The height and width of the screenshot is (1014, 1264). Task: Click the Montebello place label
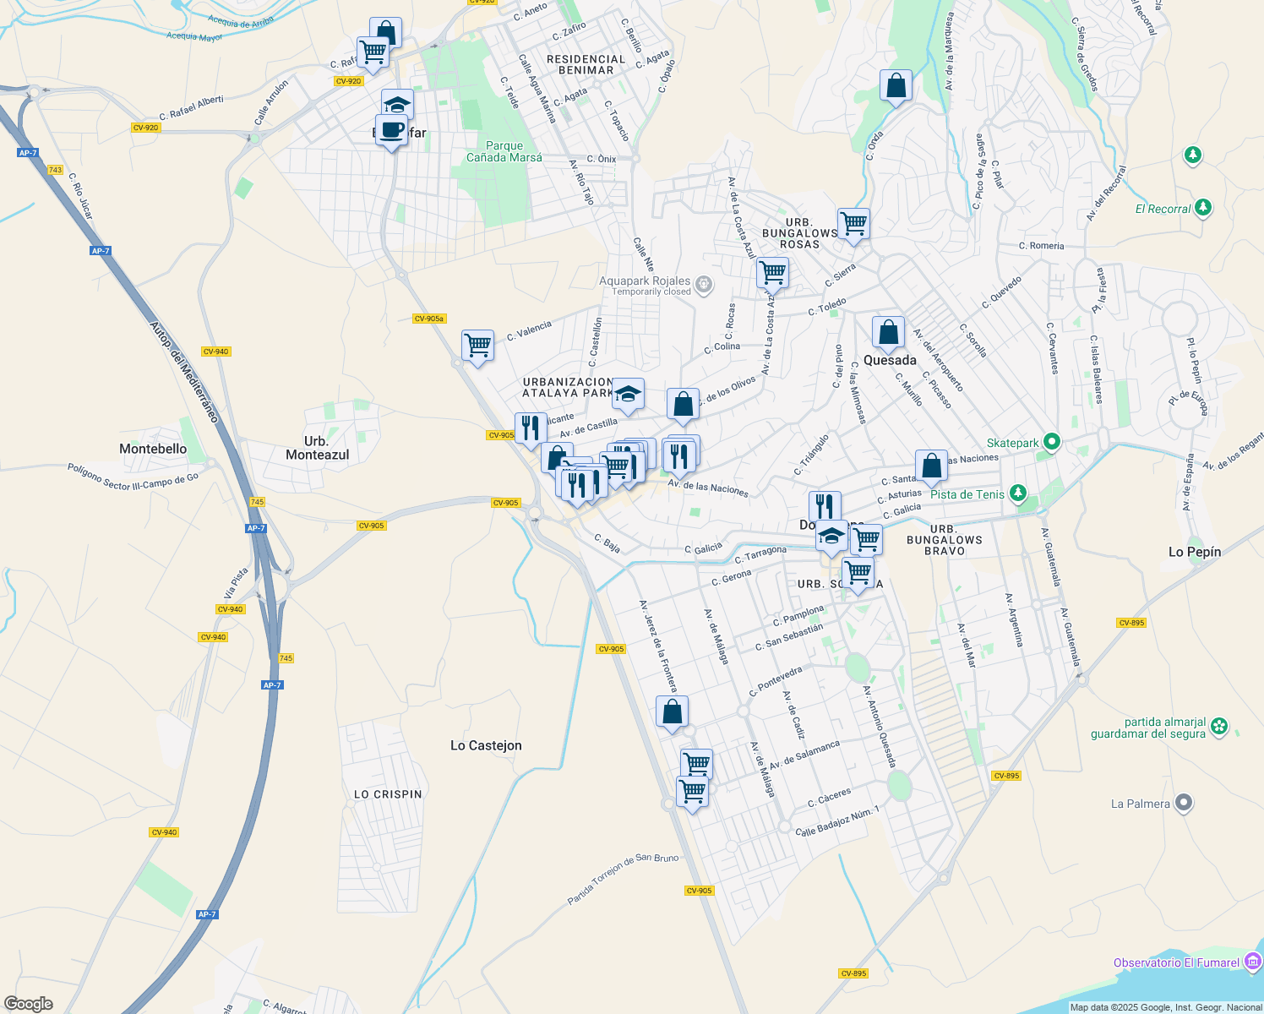153,449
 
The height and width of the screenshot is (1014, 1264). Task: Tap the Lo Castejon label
486,745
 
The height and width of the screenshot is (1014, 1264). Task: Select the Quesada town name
890,360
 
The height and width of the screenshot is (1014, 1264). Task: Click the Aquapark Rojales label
645,281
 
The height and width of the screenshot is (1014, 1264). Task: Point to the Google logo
29,1003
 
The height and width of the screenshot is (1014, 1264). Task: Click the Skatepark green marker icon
1051,442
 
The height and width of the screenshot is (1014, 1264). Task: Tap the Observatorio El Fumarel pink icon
1253,962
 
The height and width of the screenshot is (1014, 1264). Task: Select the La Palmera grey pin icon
1184,803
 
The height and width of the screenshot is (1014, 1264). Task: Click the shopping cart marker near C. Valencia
478,346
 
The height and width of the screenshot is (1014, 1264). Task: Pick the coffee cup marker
391,131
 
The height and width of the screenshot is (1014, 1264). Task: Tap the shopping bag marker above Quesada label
888,332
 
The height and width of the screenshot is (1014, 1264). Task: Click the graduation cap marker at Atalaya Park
628,394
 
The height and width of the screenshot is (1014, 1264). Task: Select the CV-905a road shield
429,319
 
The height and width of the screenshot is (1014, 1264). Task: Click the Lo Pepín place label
1195,552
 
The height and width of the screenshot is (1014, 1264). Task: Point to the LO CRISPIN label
388,794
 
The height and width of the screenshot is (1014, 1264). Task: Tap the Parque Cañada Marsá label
504,151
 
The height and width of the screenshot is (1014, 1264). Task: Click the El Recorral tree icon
1203,207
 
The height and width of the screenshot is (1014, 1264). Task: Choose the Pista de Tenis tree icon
1018,493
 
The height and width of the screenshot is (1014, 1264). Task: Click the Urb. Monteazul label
317,448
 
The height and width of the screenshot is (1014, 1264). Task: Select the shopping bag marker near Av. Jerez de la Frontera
673,712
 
